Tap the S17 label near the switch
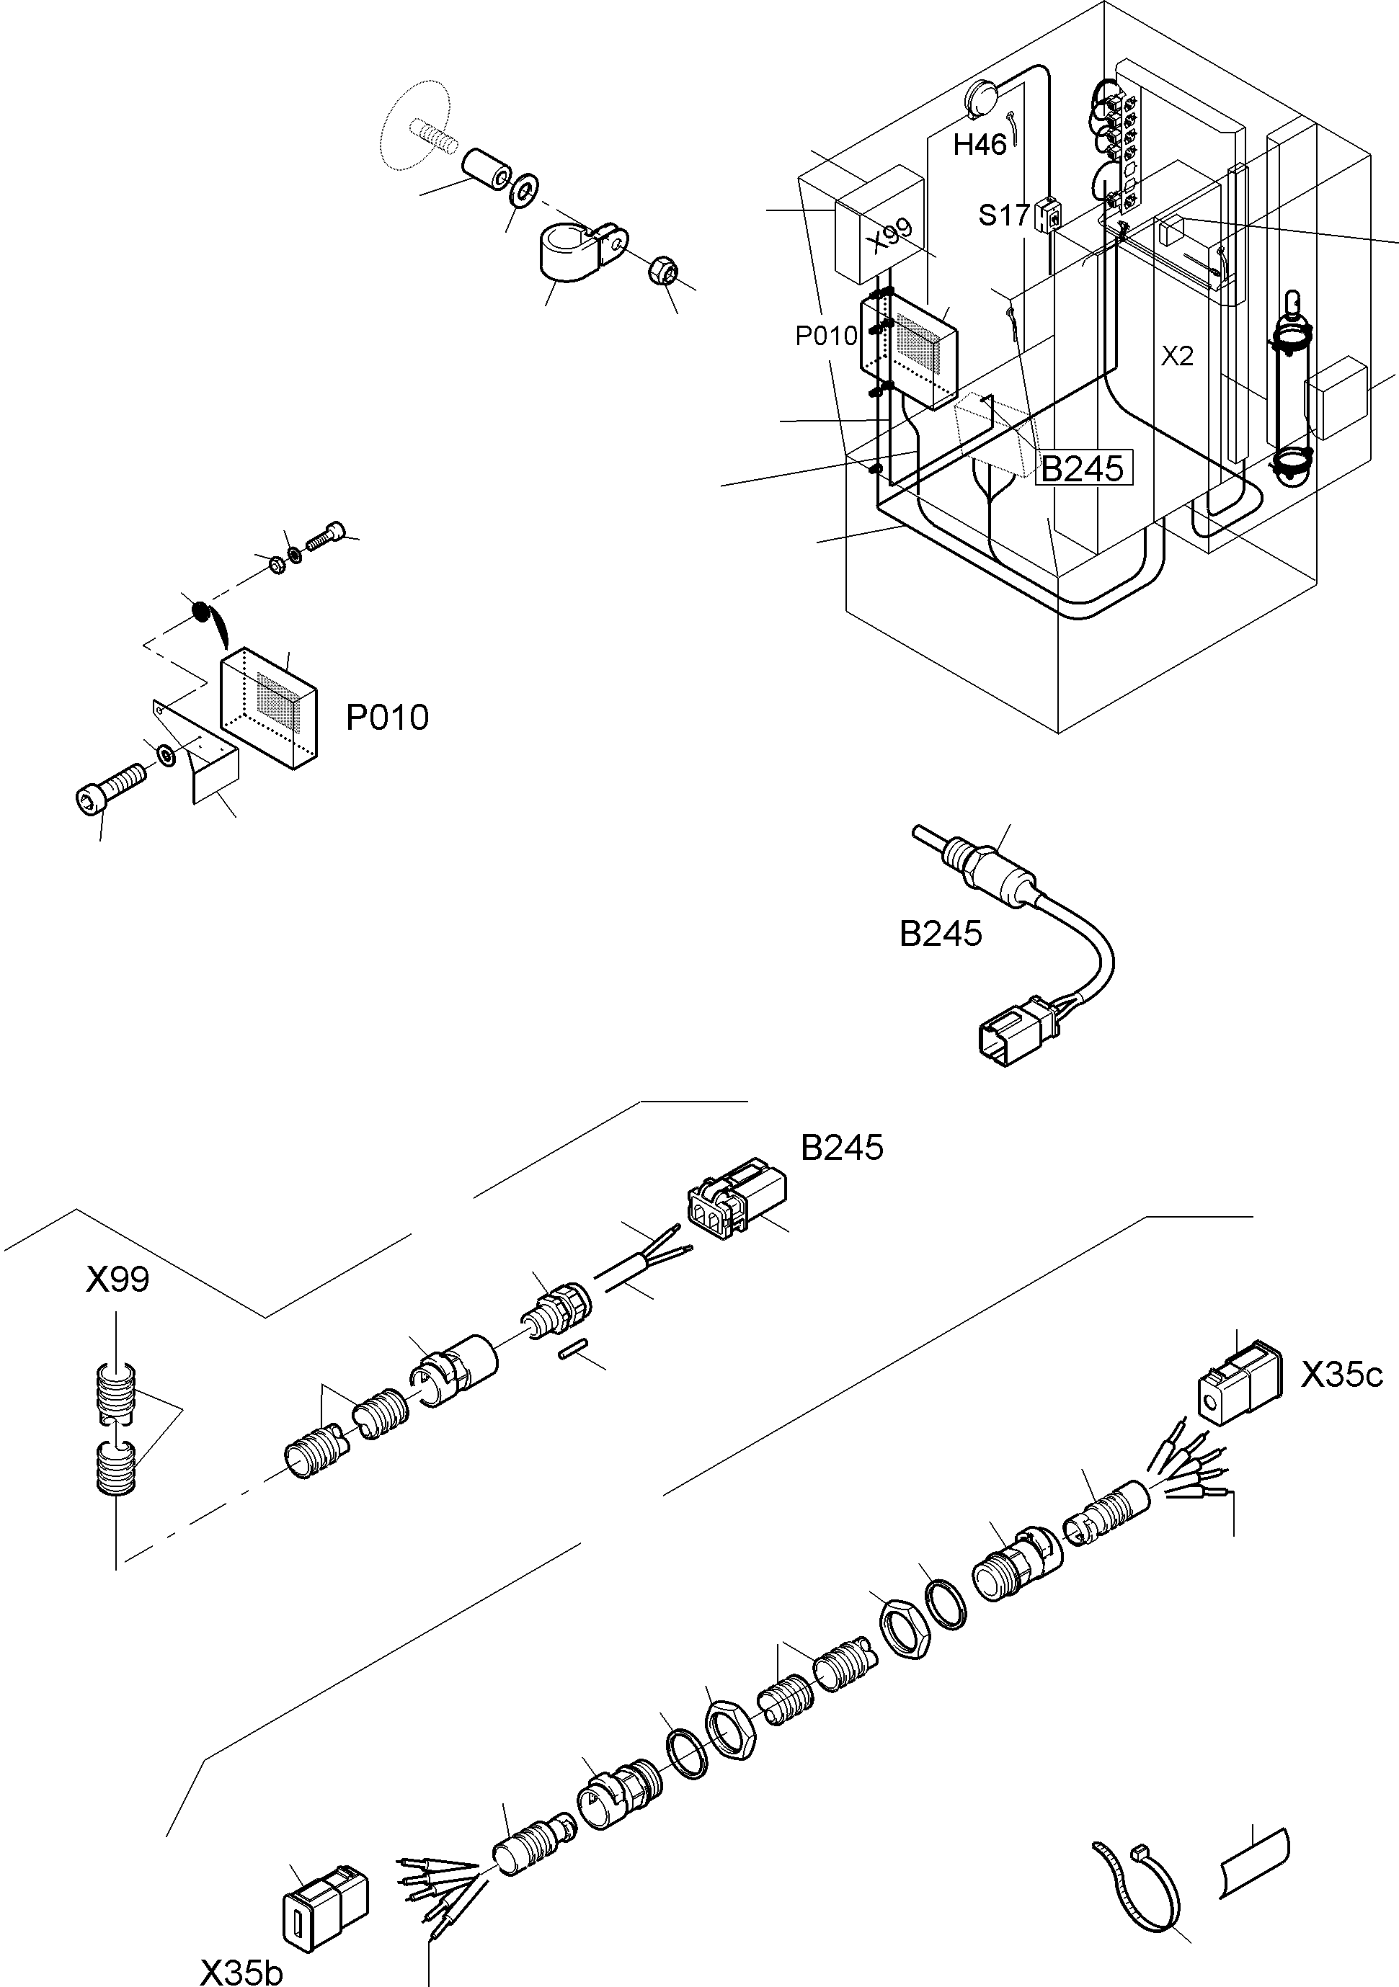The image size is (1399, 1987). click(x=1003, y=215)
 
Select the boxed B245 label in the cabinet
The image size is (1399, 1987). click(x=1083, y=468)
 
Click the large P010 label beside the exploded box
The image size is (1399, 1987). click(x=387, y=718)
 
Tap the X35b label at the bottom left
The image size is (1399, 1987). click(x=241, y=1971)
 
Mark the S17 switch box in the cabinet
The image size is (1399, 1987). click(x=1047, y=214)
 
